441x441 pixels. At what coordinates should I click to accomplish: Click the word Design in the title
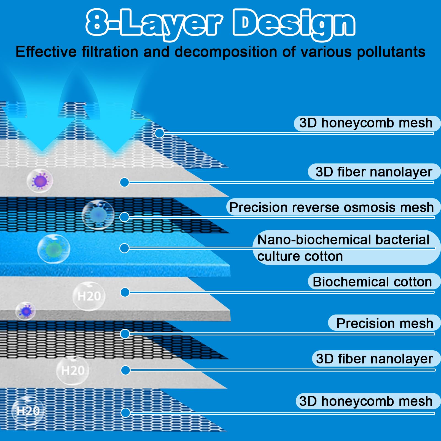coord(294,23)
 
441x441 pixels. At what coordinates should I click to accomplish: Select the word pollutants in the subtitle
coord(391,52)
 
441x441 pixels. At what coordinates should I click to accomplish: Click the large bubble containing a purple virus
coord(40,181)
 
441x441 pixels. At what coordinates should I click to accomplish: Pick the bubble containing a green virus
coord(54,249)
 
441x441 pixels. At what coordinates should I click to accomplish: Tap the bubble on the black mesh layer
coord(98,215)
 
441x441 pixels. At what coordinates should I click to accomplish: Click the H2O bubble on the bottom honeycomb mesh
coord(28,411)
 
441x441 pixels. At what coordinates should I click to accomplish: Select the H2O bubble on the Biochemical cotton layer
coord(89,296)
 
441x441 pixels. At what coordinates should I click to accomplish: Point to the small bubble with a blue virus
coord(26,311)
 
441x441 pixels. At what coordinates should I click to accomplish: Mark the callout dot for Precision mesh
coord(125,334)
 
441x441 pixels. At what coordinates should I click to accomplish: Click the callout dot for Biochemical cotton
coord(125,292)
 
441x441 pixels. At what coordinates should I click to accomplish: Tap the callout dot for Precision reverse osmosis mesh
coord(125,217)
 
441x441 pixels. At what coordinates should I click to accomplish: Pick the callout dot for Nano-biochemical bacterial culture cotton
coord(125,248)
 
